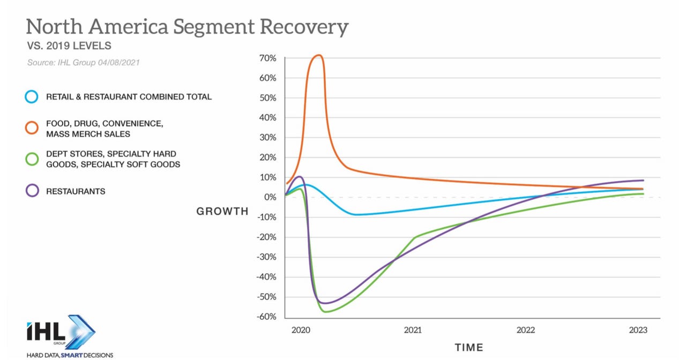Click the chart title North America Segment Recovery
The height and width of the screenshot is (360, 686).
[187, 27]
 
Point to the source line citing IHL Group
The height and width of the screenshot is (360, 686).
[84, 63]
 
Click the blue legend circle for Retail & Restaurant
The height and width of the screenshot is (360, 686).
[32, 97]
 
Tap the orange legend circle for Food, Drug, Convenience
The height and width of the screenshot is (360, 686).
[32, 128]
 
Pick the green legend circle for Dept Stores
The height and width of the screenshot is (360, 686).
[32, 159]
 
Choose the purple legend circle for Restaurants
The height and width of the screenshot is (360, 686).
[32, 191]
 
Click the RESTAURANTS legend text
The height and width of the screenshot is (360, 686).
[75, 191]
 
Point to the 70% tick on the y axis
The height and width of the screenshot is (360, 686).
[266, 58]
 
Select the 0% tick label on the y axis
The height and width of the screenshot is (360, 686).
[269, 197]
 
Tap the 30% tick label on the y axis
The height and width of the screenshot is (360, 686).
[266, 138]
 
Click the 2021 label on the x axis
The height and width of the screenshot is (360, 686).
[412, 330]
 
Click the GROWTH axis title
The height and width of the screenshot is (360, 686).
[222, 211]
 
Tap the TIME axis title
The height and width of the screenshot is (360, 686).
[469, 347]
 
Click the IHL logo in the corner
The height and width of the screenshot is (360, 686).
[60, 332]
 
